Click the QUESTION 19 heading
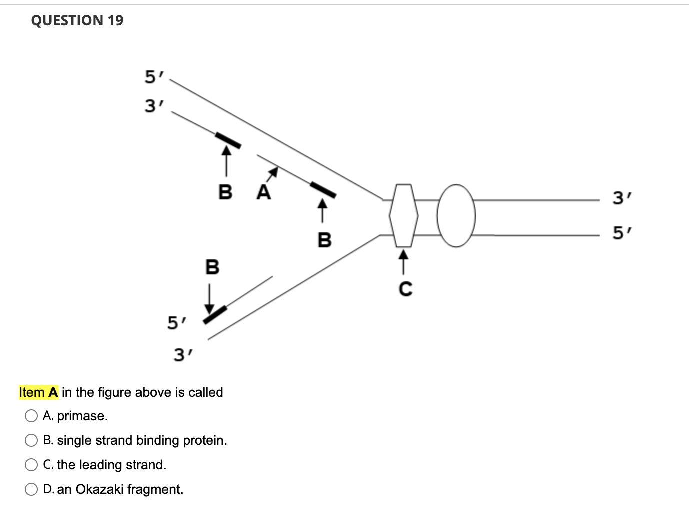77,20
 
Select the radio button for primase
31,416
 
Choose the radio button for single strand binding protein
31,440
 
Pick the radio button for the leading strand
31,465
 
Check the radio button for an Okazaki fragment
31,489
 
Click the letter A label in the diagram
263,192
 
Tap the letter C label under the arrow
405,289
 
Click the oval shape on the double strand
456,215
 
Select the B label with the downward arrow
212,267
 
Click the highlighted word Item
32,392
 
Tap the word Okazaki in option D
99,489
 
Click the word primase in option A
82,416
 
